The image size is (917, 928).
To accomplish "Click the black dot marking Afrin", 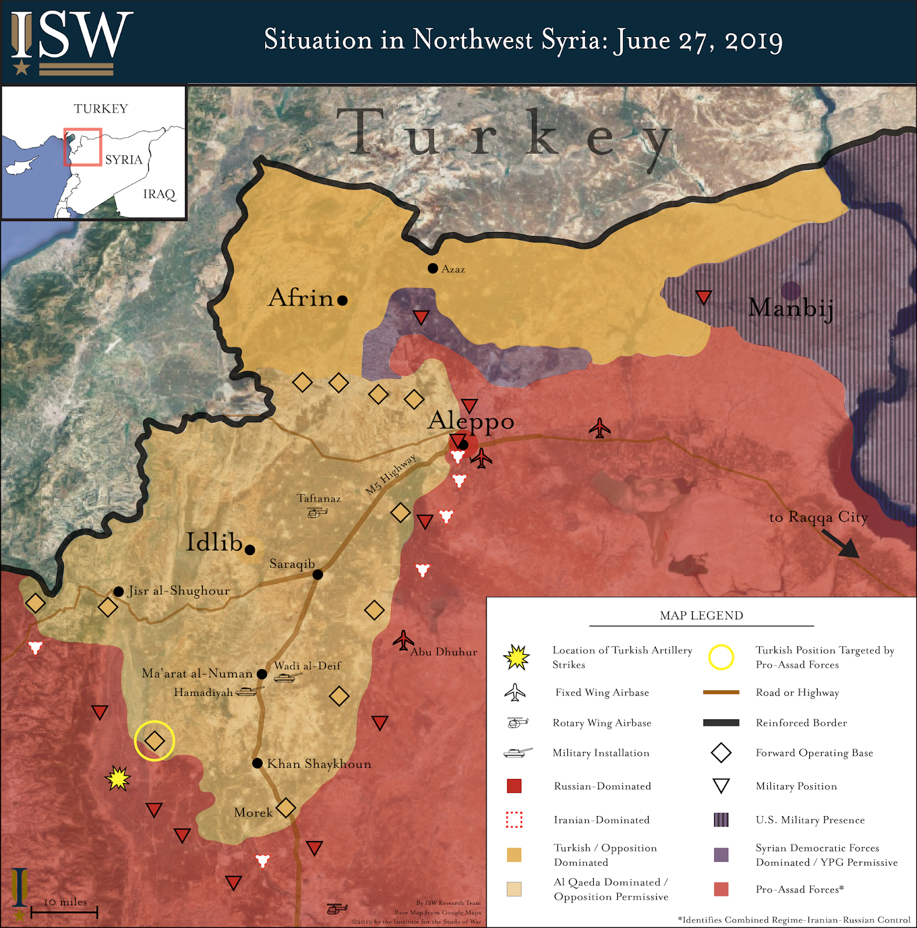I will click(342, 300).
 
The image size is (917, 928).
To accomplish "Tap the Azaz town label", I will click(453, 269).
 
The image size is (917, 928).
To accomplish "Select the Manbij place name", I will click(791, 307).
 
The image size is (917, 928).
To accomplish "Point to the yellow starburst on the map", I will click(118, 778).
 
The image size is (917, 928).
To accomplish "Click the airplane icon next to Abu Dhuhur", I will click(403, 641).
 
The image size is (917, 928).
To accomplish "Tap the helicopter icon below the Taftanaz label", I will click(317, 513).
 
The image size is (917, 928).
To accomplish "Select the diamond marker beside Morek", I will click(286, 807).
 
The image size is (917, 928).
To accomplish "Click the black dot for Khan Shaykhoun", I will click(258, 763).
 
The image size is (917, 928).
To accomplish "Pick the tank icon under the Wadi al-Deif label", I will click(287, 677).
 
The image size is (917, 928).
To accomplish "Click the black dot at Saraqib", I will click(318, 575).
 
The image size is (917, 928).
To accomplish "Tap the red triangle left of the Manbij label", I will click(704, 298).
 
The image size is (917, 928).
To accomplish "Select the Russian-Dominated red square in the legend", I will click(514, 786).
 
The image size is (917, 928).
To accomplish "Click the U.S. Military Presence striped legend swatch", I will click(721, 820).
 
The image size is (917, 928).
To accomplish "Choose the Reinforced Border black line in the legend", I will click(721, 723).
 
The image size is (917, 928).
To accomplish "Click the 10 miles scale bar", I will click(64, 912).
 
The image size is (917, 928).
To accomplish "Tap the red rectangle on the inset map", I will click(82, 147).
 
